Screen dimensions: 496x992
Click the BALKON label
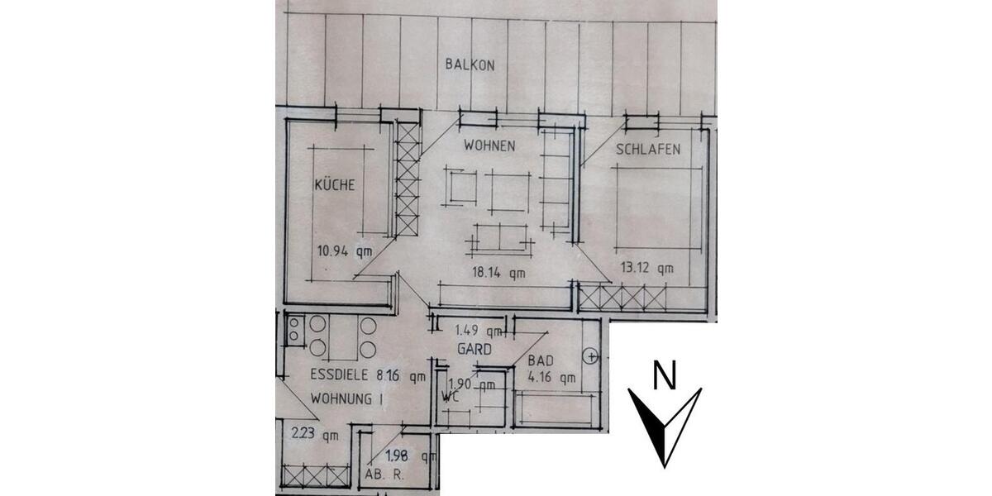(x=470, y=64)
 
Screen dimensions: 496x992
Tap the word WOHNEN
(x=489, y=146)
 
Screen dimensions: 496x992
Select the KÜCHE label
(x=334, y=185)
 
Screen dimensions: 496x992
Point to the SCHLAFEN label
(x=648, y=150)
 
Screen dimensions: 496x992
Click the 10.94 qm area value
(x=344, y=252)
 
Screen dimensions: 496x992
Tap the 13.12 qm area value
(x=646, y=267)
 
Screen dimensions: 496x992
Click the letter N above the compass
(x=662, y=376)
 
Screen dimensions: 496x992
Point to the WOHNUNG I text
(x=346, y=398)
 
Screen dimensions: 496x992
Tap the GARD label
(x=475, y=350)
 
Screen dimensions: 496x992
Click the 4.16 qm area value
(x=550, y=379)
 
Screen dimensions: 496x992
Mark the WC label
(x=451, y=398)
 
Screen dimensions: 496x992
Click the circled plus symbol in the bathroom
(x=589, y=357)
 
